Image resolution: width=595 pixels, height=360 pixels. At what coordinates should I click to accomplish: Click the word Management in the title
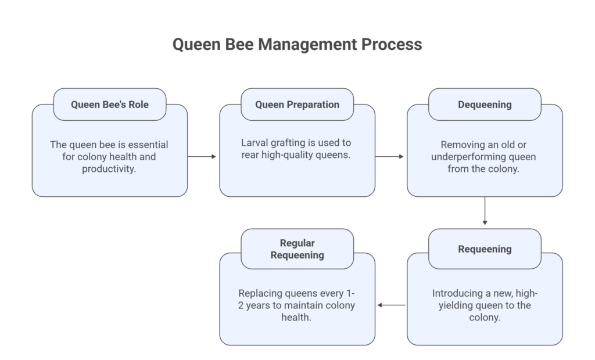(307, 45)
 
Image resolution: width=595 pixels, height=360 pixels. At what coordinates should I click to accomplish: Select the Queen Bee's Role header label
(110, 105)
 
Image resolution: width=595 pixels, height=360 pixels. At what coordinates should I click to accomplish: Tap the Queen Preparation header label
(297, 105)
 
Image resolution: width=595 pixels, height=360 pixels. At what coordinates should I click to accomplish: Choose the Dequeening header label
(485, 105)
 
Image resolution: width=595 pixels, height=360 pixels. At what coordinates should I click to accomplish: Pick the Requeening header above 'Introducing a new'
(485, 249)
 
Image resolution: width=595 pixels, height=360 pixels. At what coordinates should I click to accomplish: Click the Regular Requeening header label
(297, 249)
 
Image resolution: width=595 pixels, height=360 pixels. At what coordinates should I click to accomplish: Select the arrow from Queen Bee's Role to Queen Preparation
(203, 156)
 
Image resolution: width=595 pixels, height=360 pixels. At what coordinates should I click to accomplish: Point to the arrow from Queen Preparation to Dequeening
(390, 156)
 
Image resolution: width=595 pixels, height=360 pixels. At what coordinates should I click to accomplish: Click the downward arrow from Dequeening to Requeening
(485, 212)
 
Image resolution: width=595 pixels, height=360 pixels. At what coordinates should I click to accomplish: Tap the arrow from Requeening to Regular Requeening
(391, 305)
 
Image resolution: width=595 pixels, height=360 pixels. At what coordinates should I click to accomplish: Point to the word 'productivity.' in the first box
(110, 169)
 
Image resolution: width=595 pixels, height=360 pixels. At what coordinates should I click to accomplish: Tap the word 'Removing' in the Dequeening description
(462, 145)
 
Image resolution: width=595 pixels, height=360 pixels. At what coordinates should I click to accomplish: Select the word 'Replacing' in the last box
(260, 293)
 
